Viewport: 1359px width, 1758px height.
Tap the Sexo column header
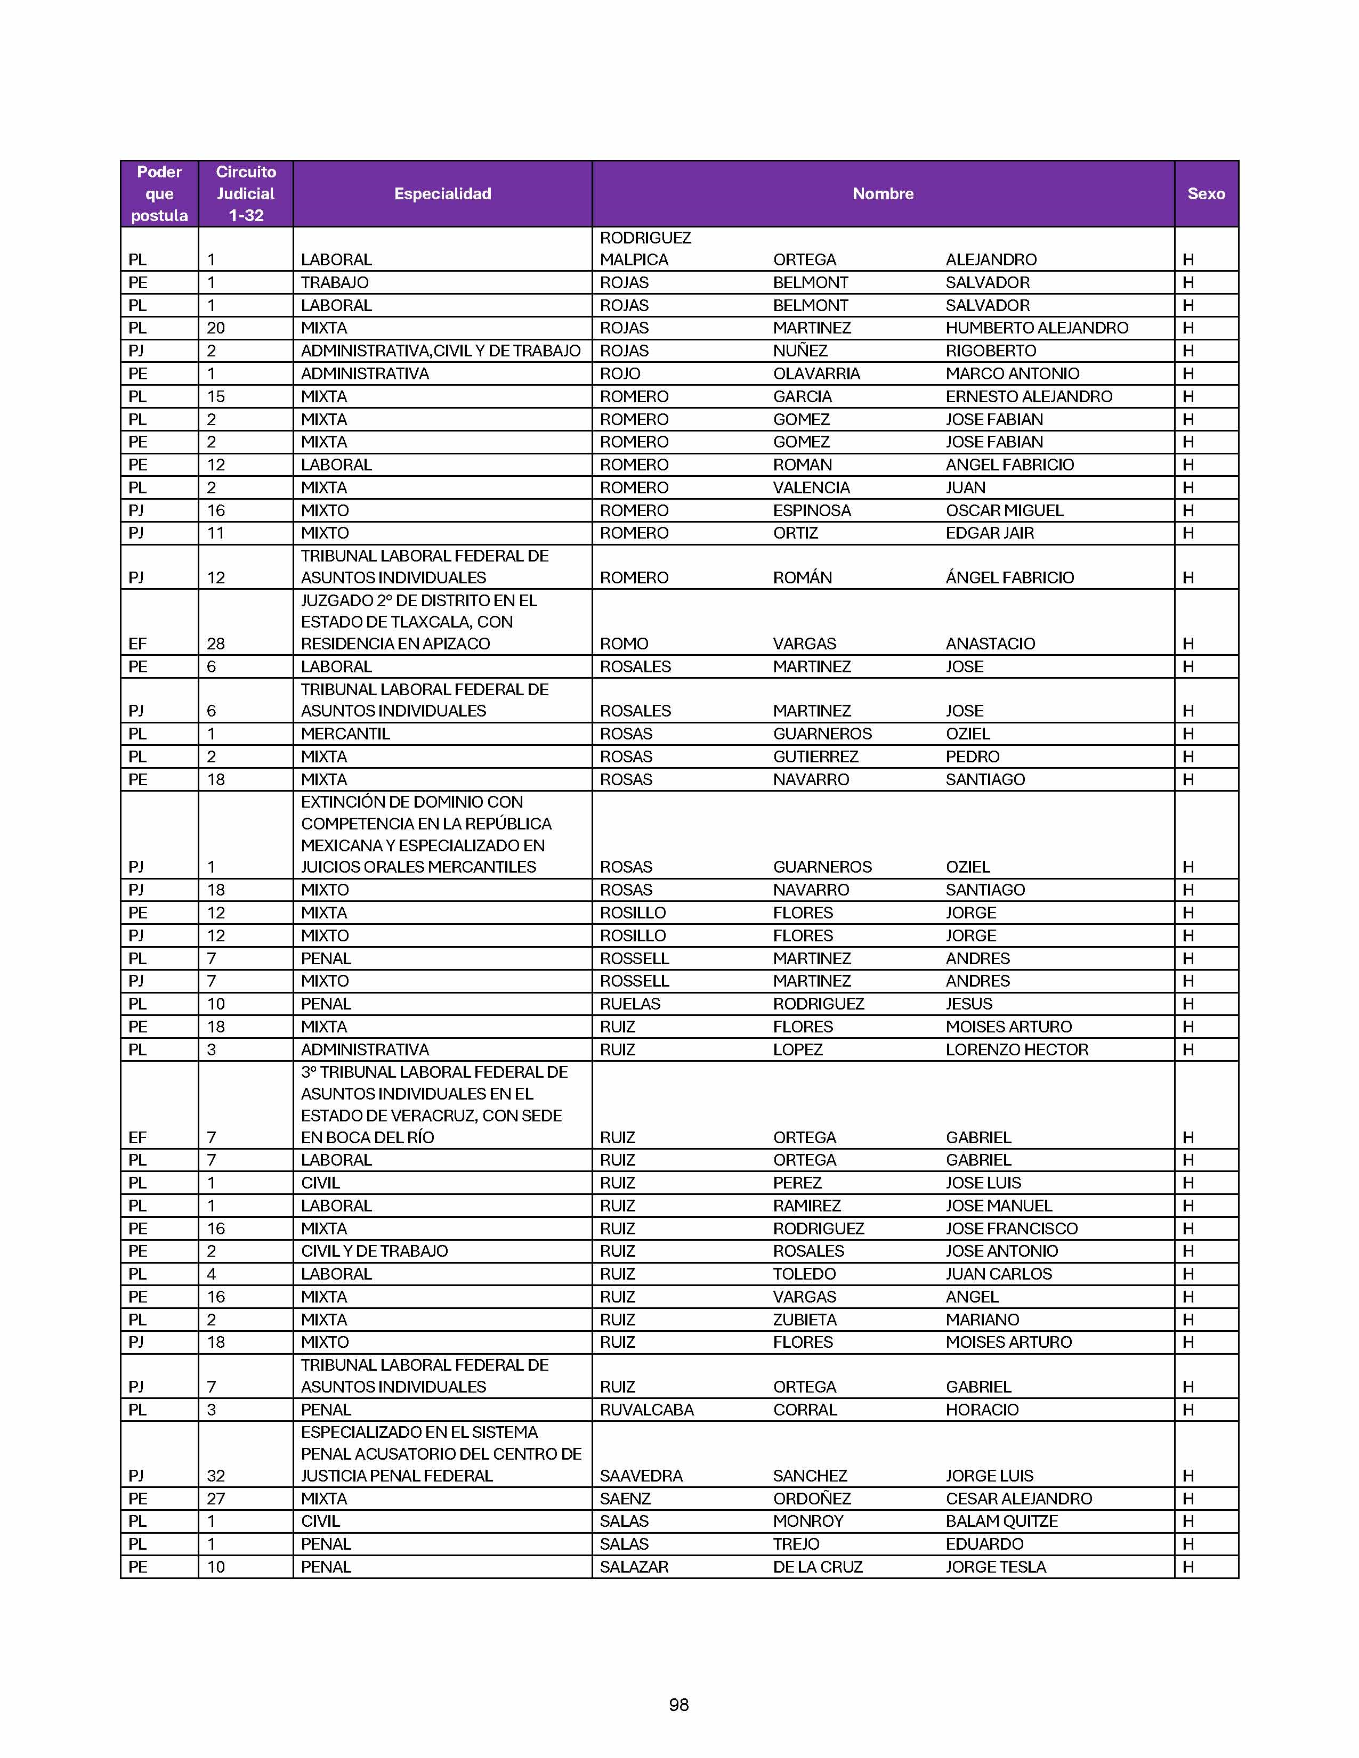tap(1205, 193)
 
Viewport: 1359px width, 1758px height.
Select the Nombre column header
tap(883, 193)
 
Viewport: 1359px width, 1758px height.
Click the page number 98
tap(678, 1704)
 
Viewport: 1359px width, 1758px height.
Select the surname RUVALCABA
tap(646, 1410)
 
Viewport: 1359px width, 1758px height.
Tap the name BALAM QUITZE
tap(1001, 1520)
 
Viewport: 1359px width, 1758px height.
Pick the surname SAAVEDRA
tap(641, 1476)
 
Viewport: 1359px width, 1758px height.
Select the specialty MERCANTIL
tap(345, 734)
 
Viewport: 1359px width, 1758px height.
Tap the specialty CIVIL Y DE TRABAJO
tap(374, 1251)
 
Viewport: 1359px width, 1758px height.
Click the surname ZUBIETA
tap(804, 1320)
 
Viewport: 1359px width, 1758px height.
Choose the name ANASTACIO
tap(990, 643)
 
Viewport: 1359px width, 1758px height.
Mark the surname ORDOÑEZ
tap(812, 1498)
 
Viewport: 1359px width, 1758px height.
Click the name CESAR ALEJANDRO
tap(1018, 1498)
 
